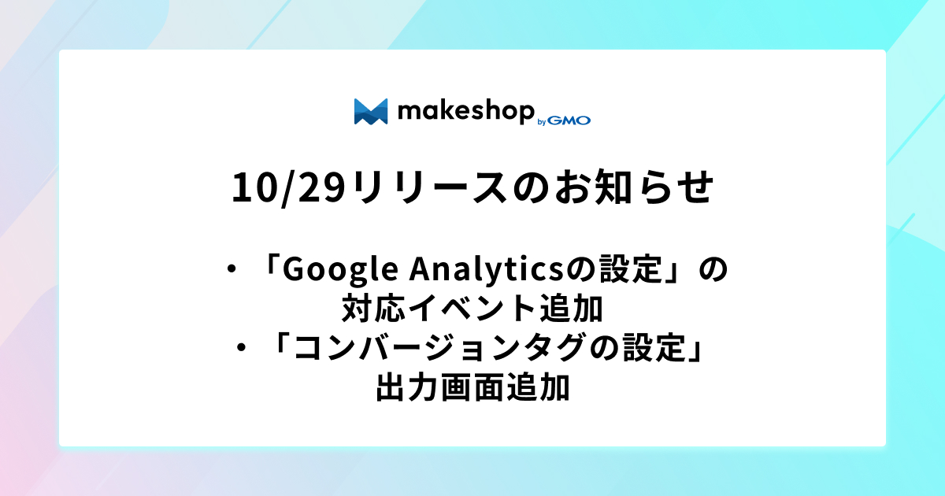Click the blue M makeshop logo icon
[x=371, y=112]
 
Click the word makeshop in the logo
[x=466, y=112]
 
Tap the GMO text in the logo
[x=569, y=120]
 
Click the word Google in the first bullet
[x=340, y=270]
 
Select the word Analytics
[x=487, y=270]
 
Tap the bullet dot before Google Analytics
[x=232, y=269]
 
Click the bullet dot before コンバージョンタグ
[x=241, y=348]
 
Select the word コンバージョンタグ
[x=439, y=347]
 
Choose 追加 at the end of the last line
[x=538, y=387]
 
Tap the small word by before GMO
[x=542, y=122]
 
